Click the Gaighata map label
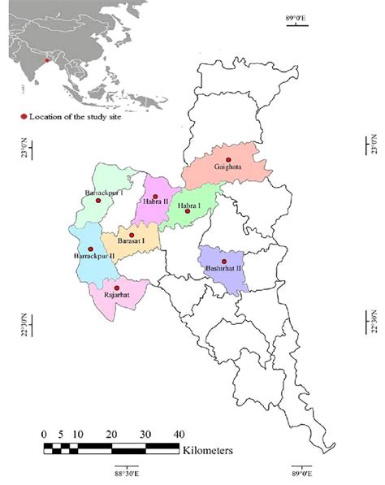231,168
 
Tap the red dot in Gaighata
229,160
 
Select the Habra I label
188,206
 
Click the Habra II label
155,201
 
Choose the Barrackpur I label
104,193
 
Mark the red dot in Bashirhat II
224,261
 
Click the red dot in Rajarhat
117,288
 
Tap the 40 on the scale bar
177,432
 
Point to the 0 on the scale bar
44,432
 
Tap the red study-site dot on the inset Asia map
47,60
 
